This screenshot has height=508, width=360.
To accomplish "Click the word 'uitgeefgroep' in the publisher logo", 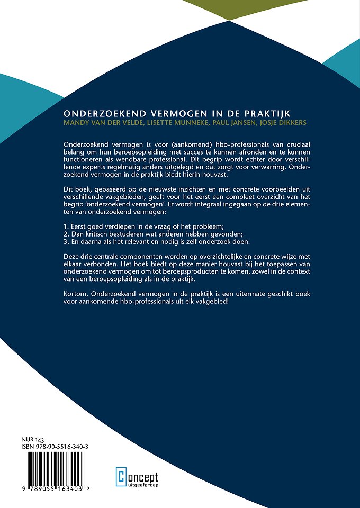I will (x=142, y=483).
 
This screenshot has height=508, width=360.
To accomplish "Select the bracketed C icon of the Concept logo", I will (x=121, y=476).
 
